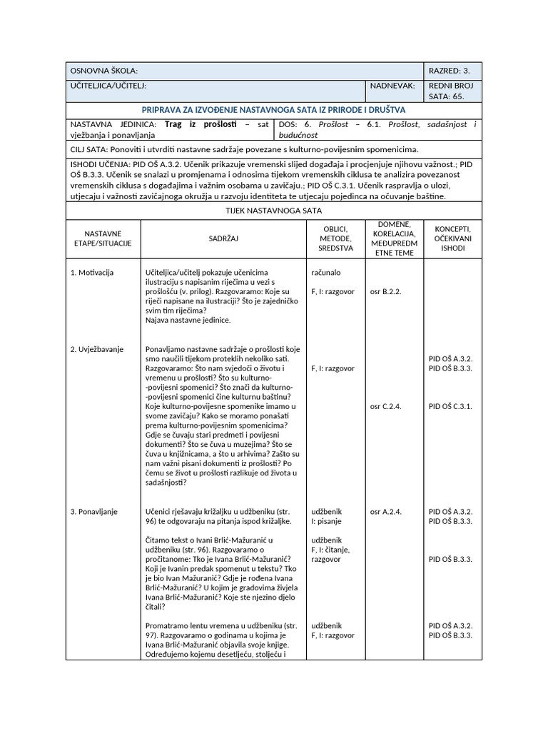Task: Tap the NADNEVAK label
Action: (x=392, y=85)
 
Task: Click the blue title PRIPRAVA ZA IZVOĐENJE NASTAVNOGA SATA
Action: (x=273, y=110)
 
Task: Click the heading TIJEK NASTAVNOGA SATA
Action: (x=273, y=211)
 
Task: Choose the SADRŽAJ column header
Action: (x=223, y=238)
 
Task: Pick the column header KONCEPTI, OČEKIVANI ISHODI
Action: (x=452, y=238)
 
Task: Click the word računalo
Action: (x=326, y=273)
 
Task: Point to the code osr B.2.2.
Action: (x=386, y=291)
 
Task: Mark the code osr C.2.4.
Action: (x=386, y=405)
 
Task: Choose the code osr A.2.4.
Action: (x=386, y=512)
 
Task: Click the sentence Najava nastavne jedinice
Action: (x=188, y=320)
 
